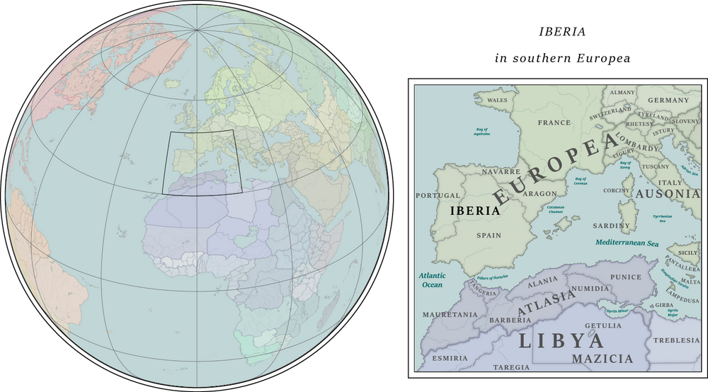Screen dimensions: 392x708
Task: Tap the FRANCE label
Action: [x=554, y=122]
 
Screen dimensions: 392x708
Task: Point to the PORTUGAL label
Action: [x=438, y=195]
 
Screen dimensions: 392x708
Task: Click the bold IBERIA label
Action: [x=475, y=210]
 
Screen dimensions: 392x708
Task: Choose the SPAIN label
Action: [x=489, y=236]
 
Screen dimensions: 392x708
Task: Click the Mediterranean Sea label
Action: [x=627, y=242]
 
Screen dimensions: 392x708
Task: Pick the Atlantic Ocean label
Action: [x=428, y=279]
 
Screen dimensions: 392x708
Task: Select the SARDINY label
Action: [x=611, y=226]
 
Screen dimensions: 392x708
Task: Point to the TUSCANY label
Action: [x=656, y=167]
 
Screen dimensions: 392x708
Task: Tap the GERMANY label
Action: [x=668, y=100]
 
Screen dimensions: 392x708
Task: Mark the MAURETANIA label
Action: [x=450, y=313]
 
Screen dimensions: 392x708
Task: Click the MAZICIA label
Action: [x=603, y=359]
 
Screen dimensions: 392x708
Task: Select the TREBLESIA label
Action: [x=676, y=340]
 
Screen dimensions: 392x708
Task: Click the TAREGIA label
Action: [x=510, y=367]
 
